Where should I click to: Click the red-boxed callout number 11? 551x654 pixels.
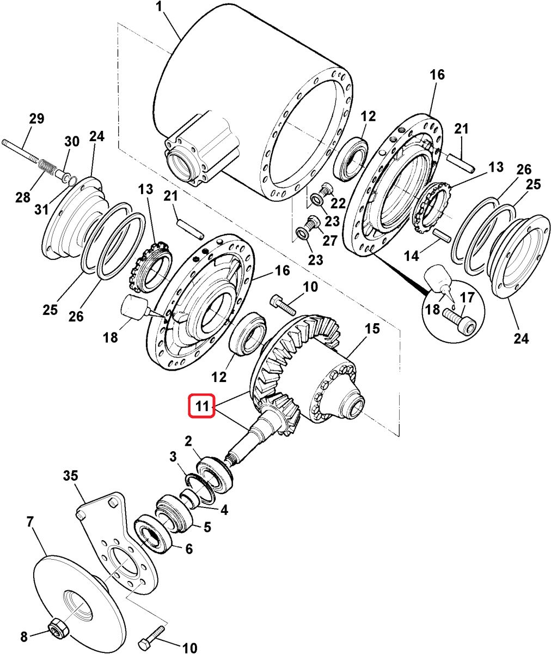point(202,405)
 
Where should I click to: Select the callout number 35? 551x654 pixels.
point(70,476)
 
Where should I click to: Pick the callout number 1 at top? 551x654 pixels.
point(160,8)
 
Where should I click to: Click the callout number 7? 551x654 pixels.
point(30,522)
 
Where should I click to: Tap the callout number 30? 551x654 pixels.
point(72,142)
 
